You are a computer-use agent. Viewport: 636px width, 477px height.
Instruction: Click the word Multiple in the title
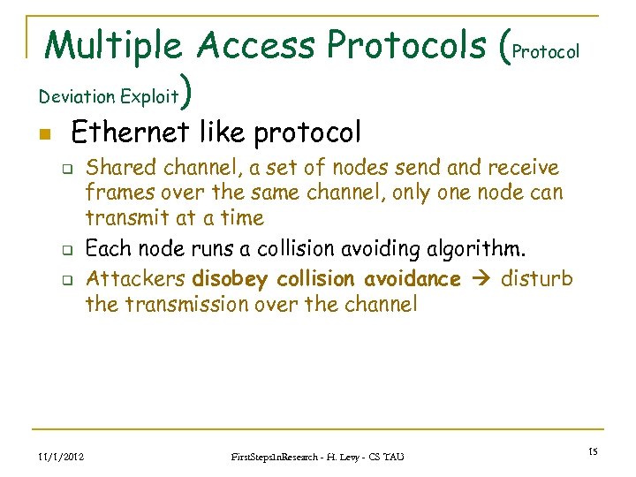(113, 46)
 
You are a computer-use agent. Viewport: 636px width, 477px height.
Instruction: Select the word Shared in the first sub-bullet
(119, 167)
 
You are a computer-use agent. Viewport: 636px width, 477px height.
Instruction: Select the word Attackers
(135, 279)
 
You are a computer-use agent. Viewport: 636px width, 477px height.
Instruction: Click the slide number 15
(593, 452)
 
